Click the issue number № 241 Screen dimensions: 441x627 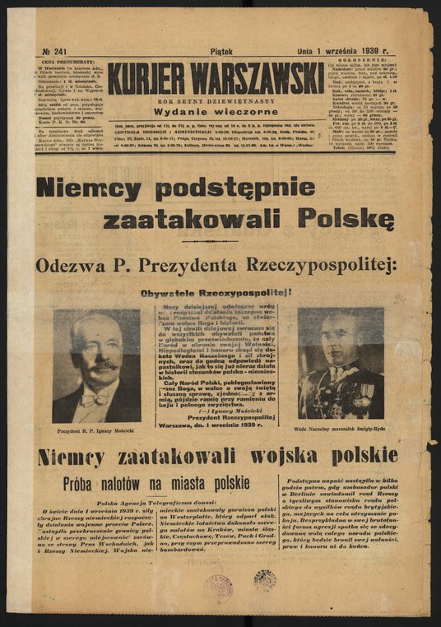coord(53,51)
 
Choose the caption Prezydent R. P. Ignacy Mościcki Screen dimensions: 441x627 coord(96,431)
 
